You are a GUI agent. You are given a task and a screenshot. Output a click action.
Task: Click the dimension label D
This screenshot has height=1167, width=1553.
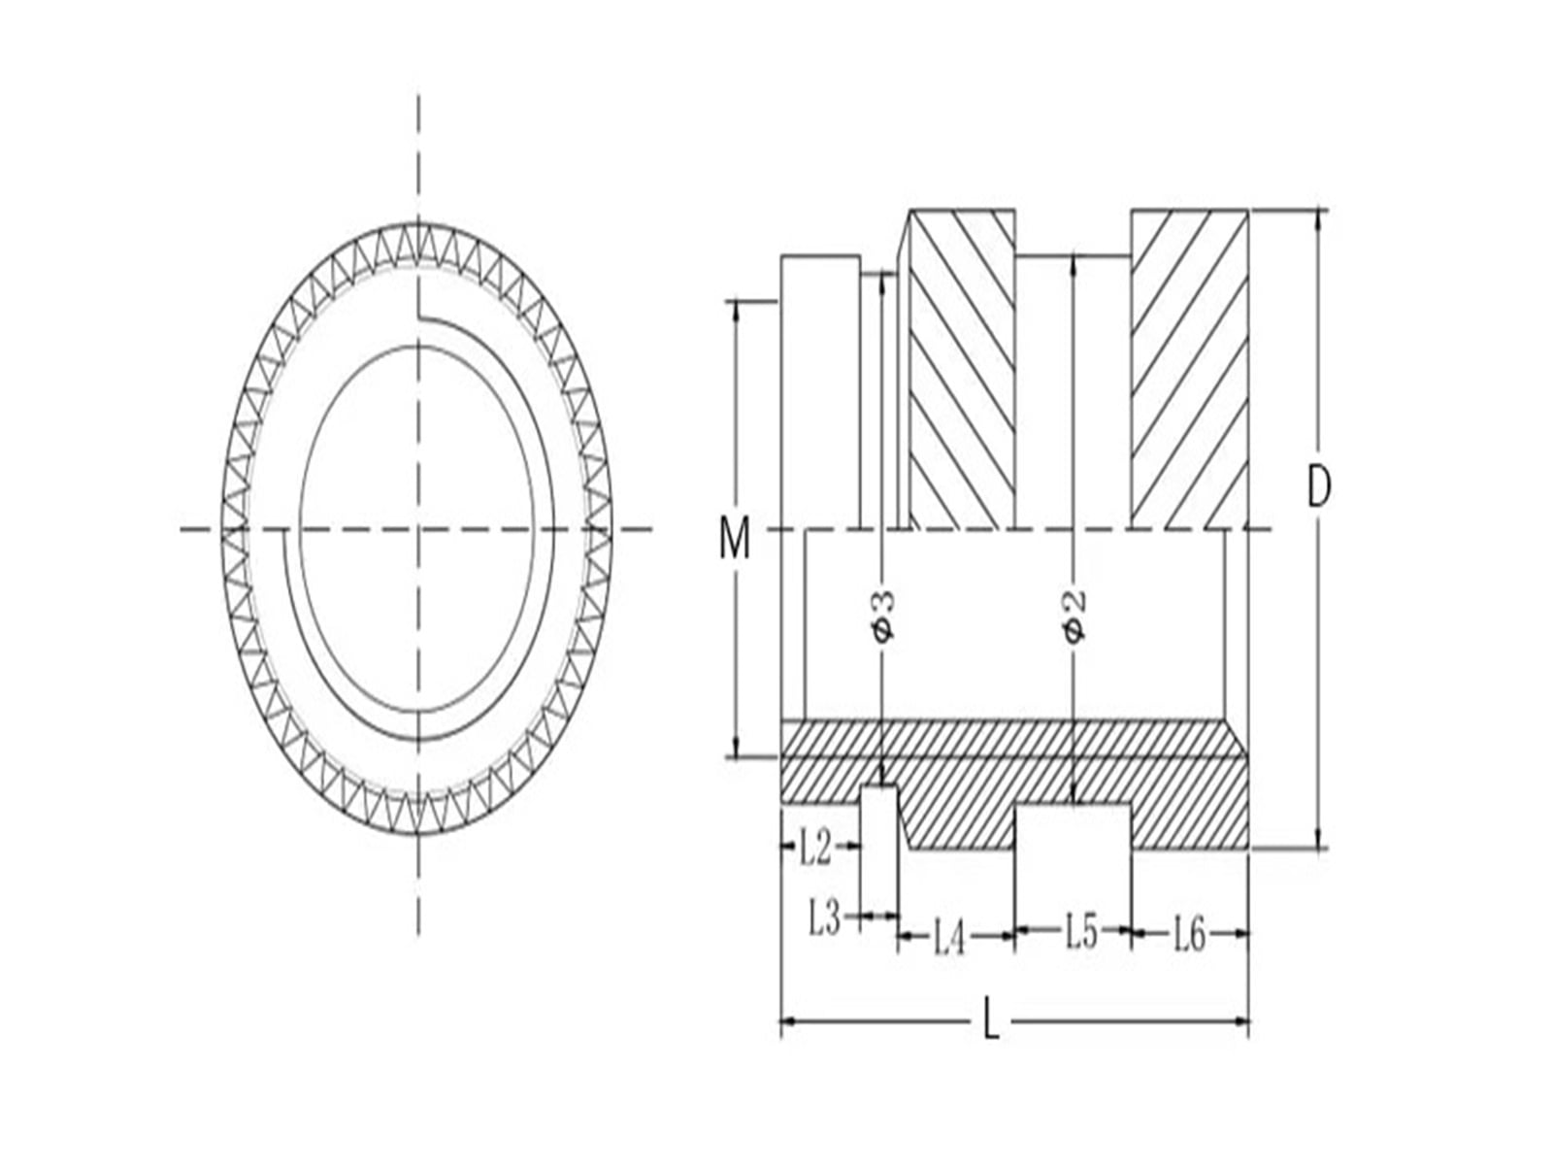[x=1318, y=486]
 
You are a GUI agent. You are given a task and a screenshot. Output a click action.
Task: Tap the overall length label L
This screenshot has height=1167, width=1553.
[x=991, y=1019]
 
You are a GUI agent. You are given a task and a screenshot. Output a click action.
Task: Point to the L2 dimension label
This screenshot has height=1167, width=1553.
[x=814, y=848]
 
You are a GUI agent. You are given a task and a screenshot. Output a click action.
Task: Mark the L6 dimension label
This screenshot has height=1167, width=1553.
[x=1189, y=934]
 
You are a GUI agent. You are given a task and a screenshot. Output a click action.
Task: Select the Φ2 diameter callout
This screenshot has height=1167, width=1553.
[x=1074, y=615]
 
